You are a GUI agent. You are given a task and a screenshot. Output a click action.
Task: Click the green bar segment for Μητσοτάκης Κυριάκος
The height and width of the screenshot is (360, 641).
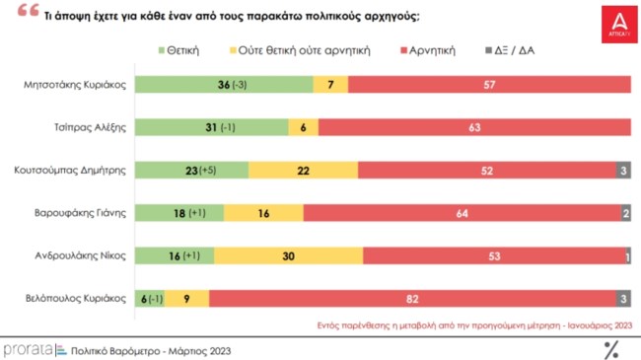[x=223, y=84]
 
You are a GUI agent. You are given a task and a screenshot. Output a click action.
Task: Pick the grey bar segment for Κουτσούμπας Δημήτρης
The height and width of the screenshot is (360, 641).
[x=623, y=170]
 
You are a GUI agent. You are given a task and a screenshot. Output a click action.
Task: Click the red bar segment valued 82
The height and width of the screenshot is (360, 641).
[x=412, y=298]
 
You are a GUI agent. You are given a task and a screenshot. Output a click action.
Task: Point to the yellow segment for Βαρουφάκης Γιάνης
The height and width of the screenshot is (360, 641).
[x=263, y=212]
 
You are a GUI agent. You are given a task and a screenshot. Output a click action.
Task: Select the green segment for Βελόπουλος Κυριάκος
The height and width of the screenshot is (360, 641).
[x=149, y=298]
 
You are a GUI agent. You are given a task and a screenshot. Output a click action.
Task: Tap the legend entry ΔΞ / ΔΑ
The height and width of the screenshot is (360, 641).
[x=512, y=48]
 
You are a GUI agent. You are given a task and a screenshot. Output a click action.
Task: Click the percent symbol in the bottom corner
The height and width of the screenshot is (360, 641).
[x=611, y=348]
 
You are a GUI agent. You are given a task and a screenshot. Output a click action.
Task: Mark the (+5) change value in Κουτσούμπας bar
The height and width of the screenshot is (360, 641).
[x=207, y=170]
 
